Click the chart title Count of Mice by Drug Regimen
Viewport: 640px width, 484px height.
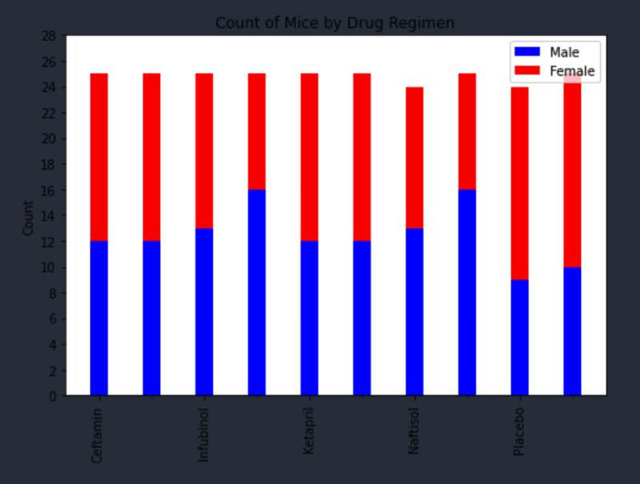pos(334,23)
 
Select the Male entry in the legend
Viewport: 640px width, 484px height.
pos(564,52)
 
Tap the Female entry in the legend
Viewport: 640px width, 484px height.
pos(571,71)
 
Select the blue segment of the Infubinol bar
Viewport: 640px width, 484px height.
pos(204,311)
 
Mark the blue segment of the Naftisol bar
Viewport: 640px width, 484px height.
pos(414,311)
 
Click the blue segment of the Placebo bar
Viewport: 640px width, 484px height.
pos(520,337)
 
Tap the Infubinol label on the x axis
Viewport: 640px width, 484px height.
pos(203,436)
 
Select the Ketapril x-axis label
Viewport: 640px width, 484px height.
pos(309,433)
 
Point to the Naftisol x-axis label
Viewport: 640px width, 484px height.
pos(414,433)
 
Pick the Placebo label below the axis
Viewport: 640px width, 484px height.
pos(519,431)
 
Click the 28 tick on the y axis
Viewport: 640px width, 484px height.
pos(49,36)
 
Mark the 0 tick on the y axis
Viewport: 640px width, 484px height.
pos(52,396)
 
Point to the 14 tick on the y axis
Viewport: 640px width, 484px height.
pos(49,216)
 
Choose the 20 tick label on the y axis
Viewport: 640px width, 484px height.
pos(49,139)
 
